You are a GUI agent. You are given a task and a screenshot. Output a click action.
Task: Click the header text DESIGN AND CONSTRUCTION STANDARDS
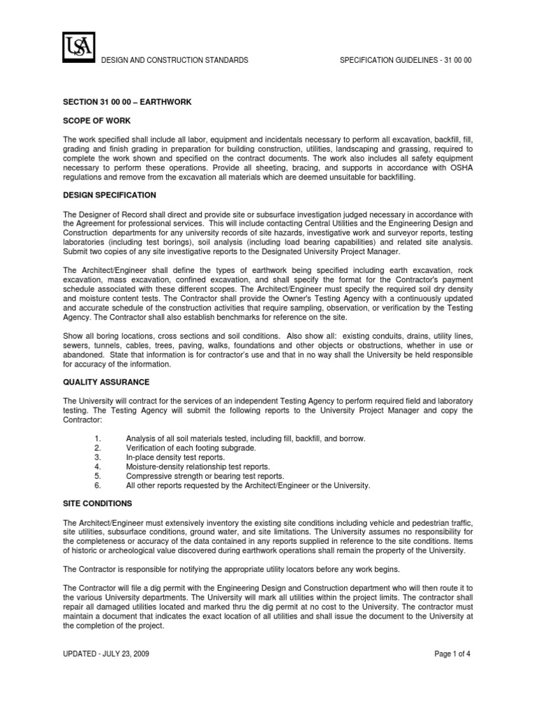tap(175, 61)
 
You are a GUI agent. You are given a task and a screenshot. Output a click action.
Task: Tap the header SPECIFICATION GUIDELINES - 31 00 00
tap(405, 61)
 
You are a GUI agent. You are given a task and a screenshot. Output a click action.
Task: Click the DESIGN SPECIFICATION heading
tap(110, 195)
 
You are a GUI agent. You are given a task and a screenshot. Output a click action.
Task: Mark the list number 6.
tap(97, 485)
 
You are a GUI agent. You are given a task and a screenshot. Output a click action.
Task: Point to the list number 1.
tap(97, 438)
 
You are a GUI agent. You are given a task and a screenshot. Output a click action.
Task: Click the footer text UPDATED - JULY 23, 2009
tap(105, 654)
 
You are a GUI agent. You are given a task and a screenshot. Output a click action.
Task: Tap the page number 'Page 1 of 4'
tap(452, 654)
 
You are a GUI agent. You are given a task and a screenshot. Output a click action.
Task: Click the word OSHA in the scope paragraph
tap(459, 168)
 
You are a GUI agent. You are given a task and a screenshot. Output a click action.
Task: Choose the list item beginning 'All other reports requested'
tap(248, 485)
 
